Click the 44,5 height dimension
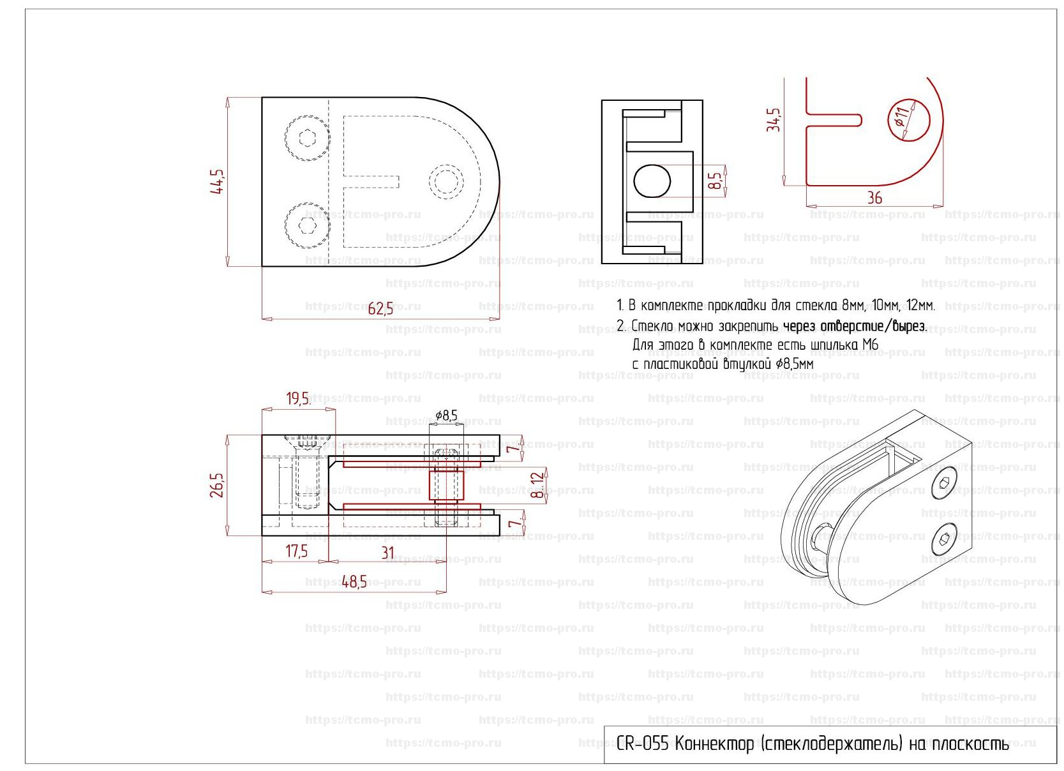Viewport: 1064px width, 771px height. pos(219,181)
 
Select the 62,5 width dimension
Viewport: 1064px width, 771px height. pos(380,309)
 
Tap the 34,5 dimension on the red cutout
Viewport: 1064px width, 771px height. pos(774,119)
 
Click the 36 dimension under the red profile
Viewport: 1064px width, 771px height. pos(874,198)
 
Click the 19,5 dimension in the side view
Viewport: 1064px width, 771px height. pos(297,399)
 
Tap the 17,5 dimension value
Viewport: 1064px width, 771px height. pos(296,551)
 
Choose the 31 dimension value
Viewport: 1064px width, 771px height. pos(387,553)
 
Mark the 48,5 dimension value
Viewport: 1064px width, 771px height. pos(354,581)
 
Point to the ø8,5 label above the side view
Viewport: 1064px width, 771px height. pos(446,416)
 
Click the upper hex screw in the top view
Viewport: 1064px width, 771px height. pos(308,138)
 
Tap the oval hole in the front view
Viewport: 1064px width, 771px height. pos(652,181)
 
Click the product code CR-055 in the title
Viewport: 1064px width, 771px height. pos(642,744)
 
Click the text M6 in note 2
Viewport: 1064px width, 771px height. pos(870,345)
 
